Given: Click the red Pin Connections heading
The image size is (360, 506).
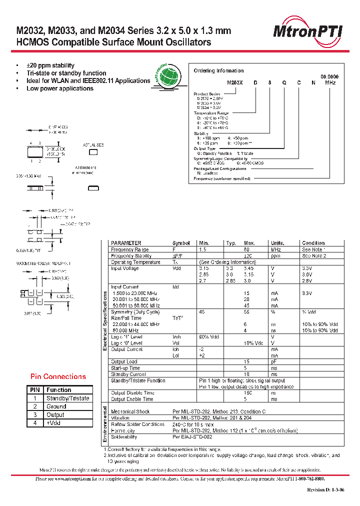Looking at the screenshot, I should tap(58, 376).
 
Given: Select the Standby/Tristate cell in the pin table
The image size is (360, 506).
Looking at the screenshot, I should tap(67, 398).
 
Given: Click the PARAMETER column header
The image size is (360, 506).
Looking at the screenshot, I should tap(126, 243).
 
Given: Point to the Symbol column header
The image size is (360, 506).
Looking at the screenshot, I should tap(181, 243).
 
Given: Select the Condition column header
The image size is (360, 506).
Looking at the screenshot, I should tap(313, 243).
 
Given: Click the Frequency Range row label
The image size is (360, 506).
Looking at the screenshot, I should tap(129, 249).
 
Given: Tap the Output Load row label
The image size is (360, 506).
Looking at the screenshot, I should tap(124, 361).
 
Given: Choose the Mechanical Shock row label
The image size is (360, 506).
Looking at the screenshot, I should tap(130, 411).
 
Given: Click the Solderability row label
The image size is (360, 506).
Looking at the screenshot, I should tap(124, 436).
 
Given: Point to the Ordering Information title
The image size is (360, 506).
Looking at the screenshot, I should tap(218, 71).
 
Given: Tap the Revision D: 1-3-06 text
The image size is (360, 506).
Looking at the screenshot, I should tap(325, 489).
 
